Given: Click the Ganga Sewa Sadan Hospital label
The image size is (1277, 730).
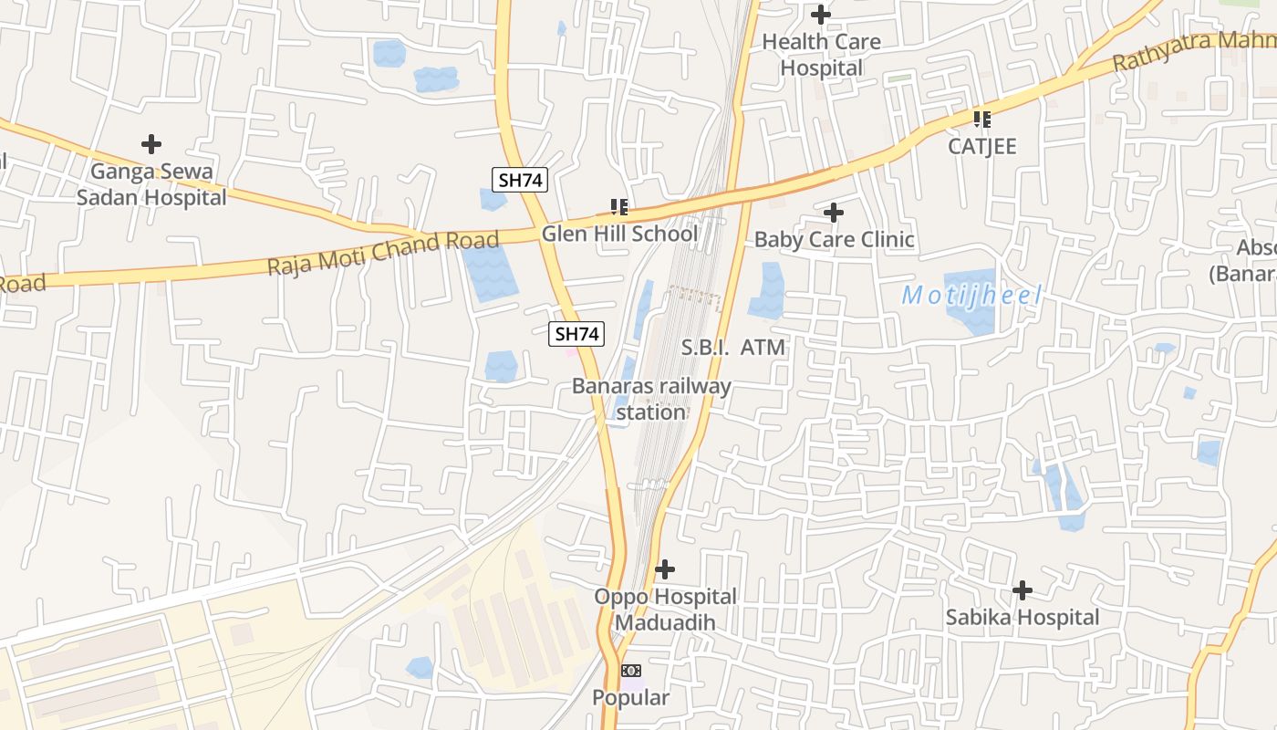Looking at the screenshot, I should (151, 184).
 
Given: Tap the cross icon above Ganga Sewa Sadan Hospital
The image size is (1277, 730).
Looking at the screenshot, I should (151, 144).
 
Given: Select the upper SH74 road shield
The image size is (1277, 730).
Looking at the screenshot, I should (521, 180).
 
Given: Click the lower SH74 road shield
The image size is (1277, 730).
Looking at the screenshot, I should (577, 335).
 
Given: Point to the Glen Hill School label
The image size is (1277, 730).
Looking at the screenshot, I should (619, 234).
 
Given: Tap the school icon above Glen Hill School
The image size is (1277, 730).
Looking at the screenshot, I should (619, 207).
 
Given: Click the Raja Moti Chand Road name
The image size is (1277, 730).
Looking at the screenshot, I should (383, 253).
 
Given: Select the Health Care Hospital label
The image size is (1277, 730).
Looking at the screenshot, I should (821, 55).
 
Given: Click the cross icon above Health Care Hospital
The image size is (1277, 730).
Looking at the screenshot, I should (821, 15).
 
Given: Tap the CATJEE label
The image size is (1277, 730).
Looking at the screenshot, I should (981, 146).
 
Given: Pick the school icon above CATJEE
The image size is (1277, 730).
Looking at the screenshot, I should (981, 119).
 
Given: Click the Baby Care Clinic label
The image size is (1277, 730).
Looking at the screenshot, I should (834, 240).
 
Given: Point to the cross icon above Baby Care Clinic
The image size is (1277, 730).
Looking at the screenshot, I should (834, 213).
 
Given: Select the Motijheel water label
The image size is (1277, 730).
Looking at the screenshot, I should (971, 296).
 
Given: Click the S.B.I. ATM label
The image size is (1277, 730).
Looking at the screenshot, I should (733, 348).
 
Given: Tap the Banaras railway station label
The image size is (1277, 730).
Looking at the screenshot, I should (651, 399).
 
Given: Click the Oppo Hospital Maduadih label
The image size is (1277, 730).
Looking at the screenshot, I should (665, 610).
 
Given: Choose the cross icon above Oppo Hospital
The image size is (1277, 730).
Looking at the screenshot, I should (665, 569).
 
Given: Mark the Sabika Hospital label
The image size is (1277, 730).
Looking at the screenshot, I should (1022, 618).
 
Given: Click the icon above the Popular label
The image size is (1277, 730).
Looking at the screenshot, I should (631, 671).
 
